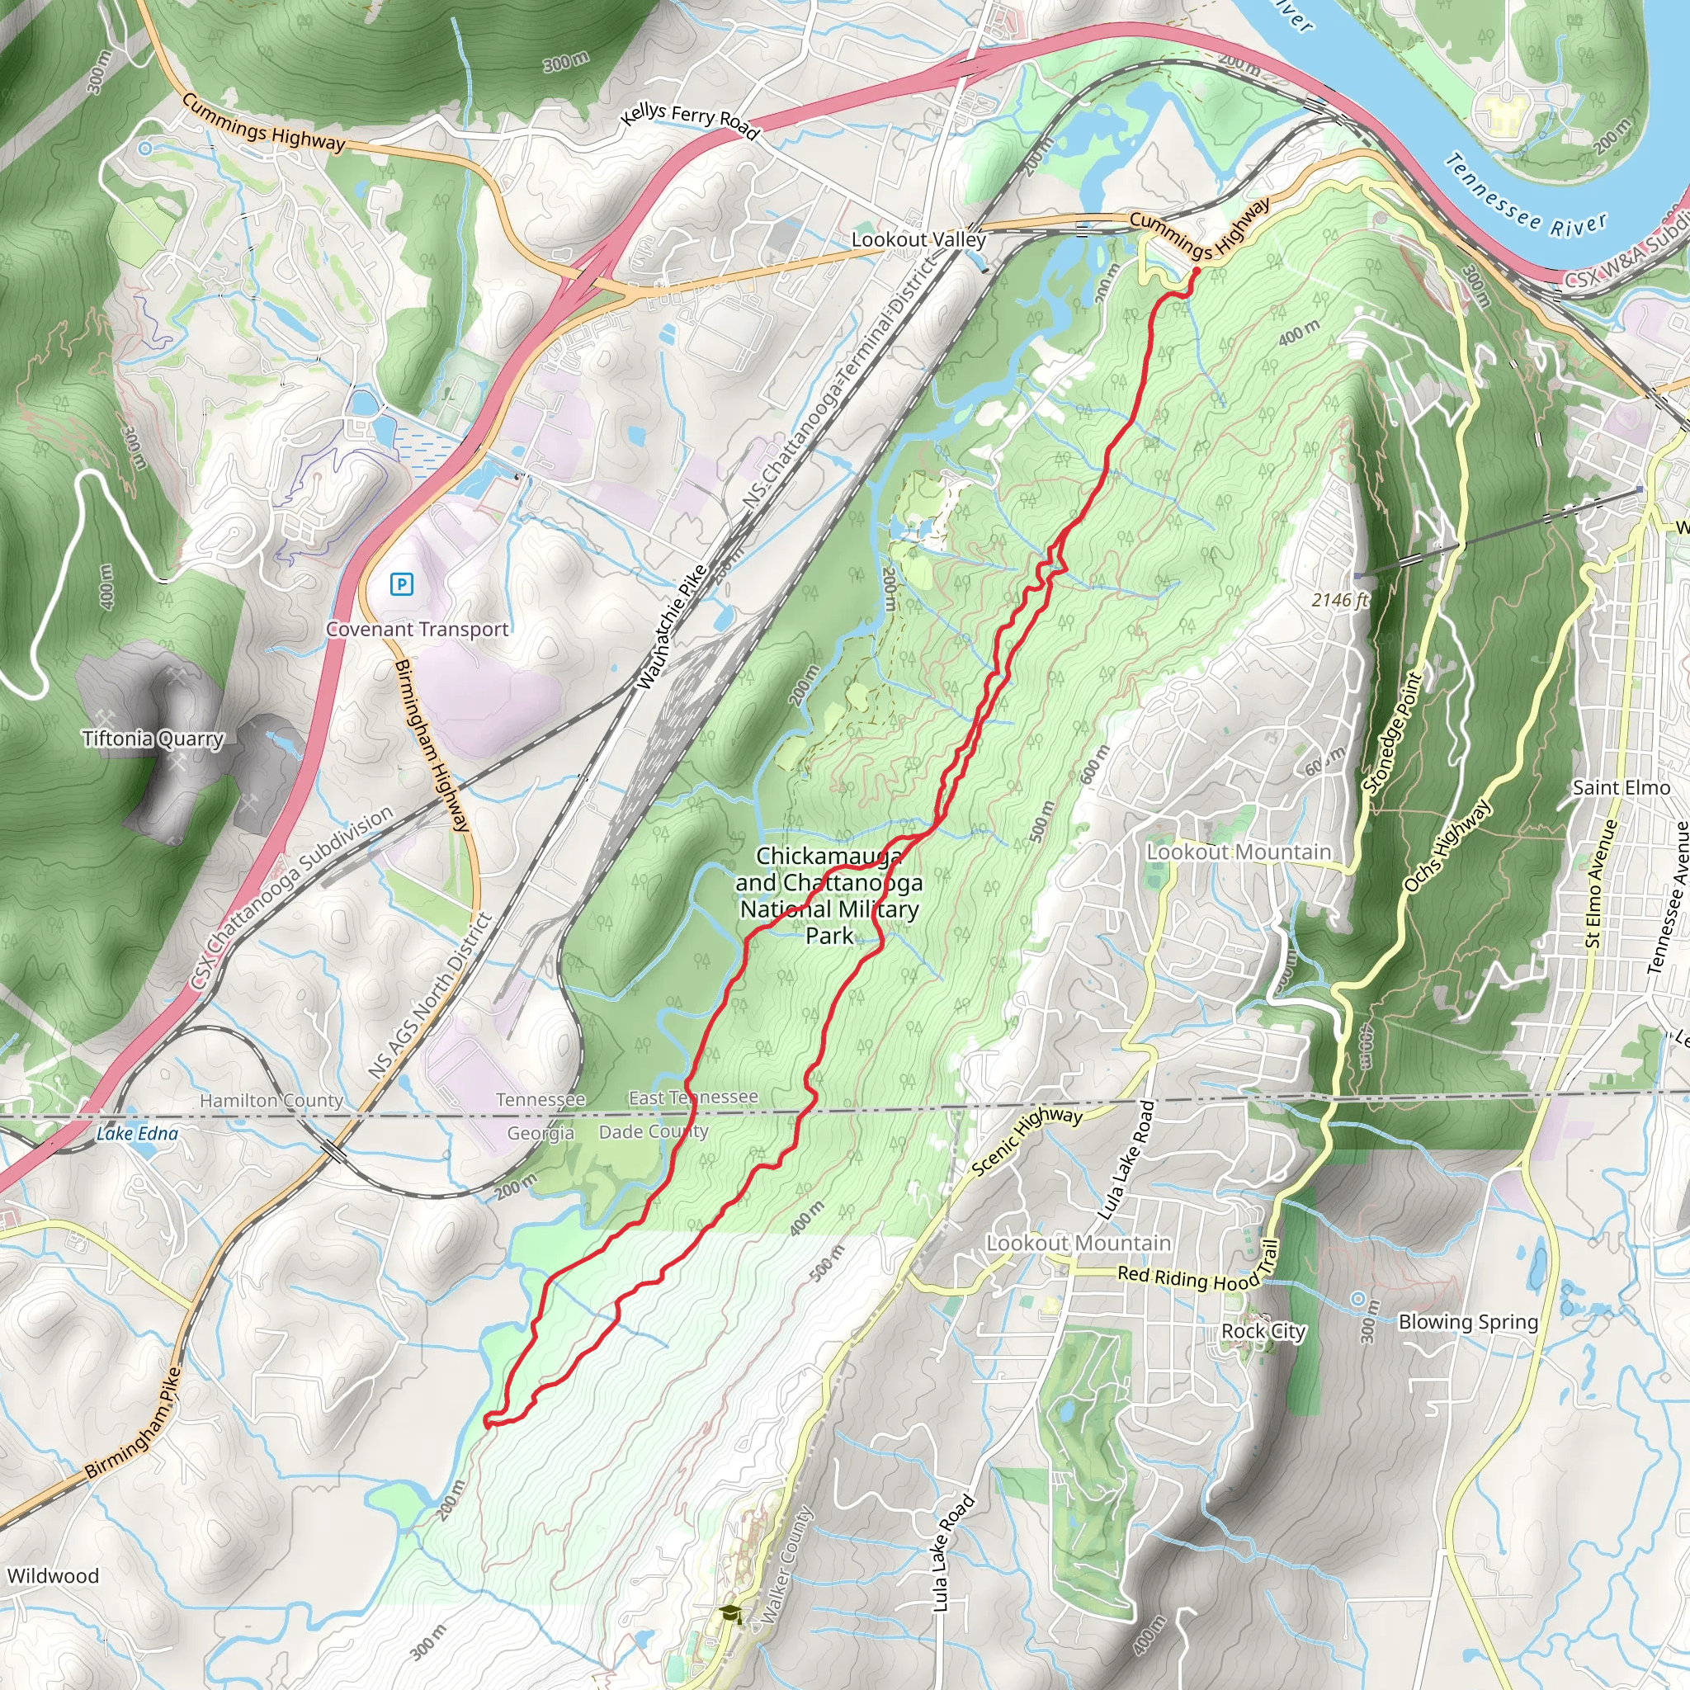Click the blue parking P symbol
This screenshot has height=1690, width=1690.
tap(402, 583)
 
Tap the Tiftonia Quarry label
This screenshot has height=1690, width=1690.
tap(153, 739)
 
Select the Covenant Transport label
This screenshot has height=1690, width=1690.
tap(418, 629)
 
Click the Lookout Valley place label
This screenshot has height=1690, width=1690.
tap(918, 239)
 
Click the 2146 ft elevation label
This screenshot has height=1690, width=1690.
tap(1339, 600)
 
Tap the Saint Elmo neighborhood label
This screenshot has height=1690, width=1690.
tap(1621, 787)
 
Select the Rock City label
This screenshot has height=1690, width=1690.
tap(1263, 1331)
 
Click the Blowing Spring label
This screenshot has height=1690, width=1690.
tap(1468, 1322)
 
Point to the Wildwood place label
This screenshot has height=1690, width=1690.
tap(53, 1576)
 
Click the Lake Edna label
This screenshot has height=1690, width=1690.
tap(136, 1134)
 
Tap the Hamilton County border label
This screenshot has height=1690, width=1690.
tap(271, 1101)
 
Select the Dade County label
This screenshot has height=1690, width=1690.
tap(654, 1132)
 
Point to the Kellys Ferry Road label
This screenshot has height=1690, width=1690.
tap(690, 120)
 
